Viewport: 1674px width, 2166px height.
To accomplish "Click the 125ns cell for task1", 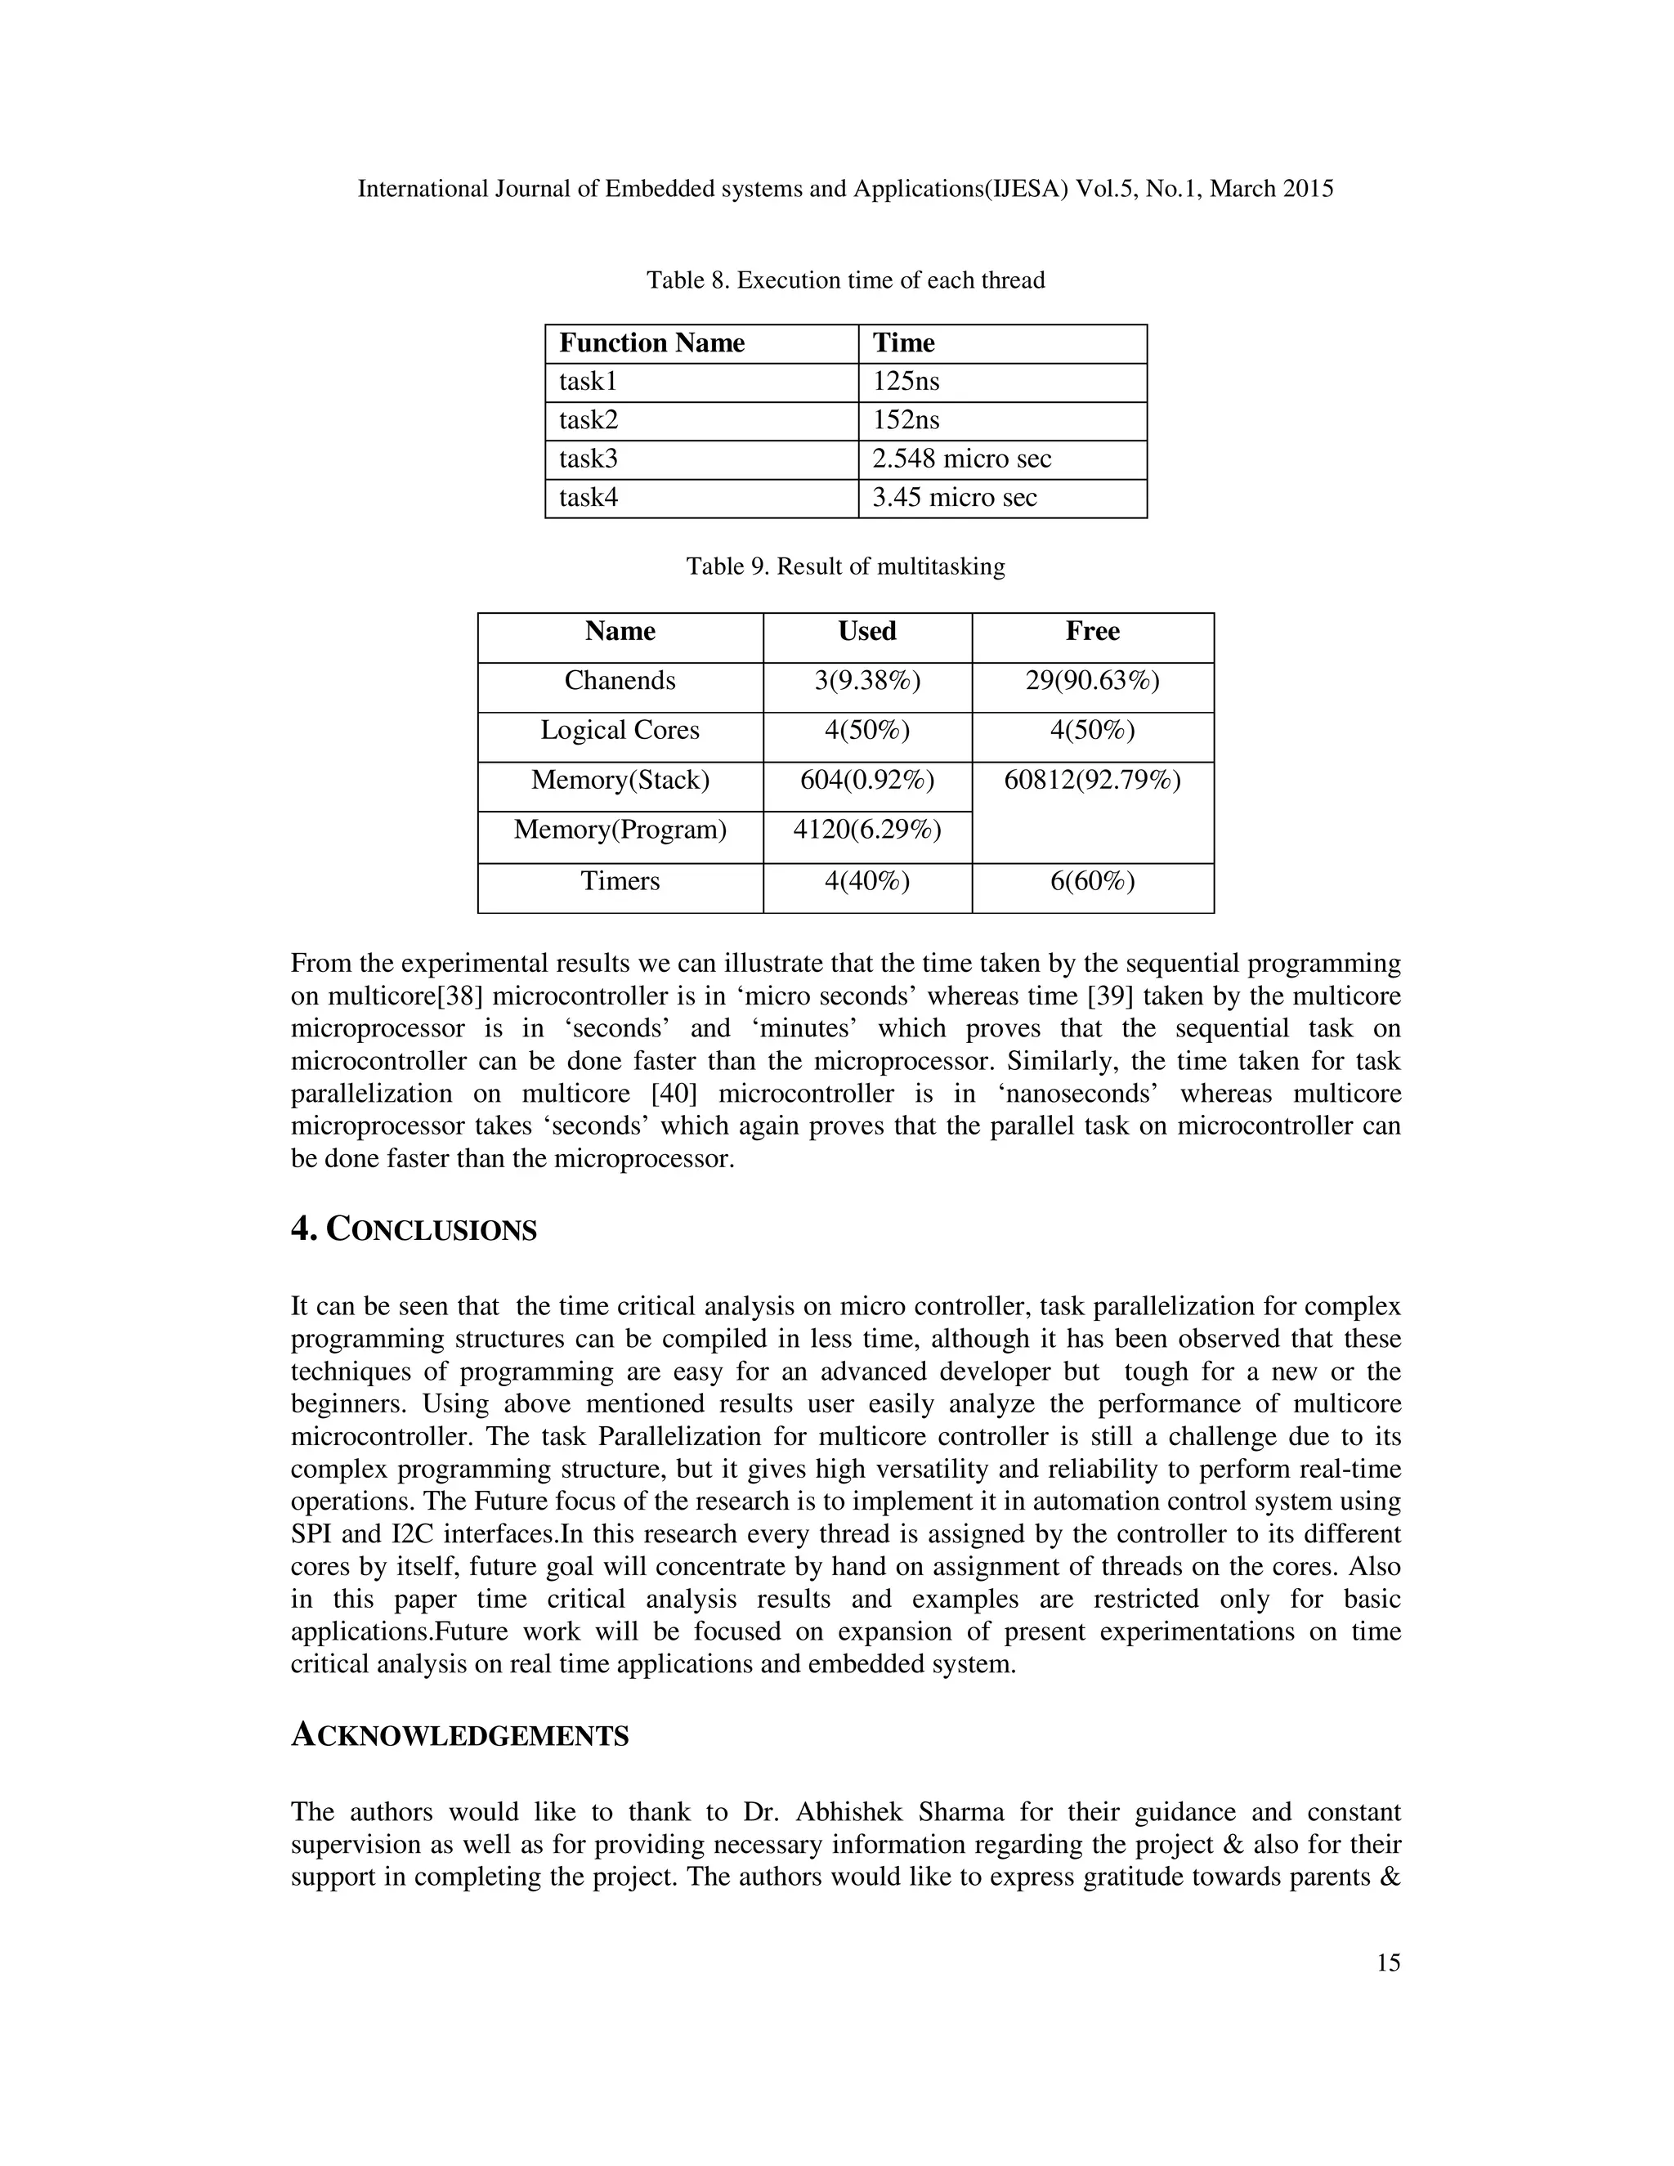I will tap(906, 382).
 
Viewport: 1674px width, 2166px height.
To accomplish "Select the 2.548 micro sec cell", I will tap(961, 459).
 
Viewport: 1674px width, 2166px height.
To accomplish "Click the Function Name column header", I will tap(651, 343).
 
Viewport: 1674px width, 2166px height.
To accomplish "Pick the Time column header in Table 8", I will tap(903, 343).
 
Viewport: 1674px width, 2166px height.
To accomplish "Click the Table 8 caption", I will tap(845, 280).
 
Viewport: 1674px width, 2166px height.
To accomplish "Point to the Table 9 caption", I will tap(845, 567).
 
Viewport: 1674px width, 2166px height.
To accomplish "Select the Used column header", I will tap(866, 632).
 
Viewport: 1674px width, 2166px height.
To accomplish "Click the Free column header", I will tap(1092, 632).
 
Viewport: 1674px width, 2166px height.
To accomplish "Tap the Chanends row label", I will tap(620, 682).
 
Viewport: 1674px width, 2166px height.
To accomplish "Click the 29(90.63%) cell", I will tap(1092, 682).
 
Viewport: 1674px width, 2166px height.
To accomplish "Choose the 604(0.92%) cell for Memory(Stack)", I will tap(866, 781).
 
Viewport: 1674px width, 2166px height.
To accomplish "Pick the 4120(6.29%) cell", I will tap(866, 830).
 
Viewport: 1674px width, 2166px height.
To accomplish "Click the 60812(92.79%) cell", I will tap(1092, 781).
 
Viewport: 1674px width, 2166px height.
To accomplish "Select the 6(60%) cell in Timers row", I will tap(1092, 882).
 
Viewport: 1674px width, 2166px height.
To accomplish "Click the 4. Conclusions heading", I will tap(414, 1230).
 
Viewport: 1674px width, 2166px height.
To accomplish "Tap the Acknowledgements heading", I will tap(459, 1735).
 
